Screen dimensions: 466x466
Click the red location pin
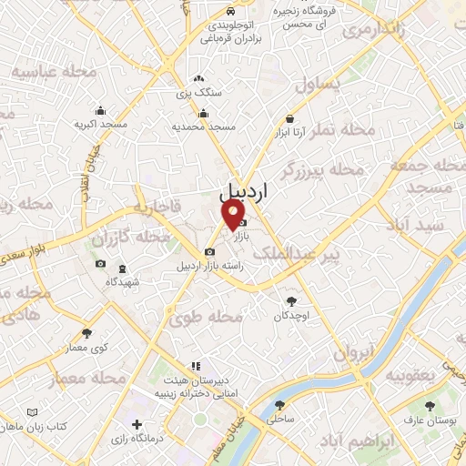pos(234,214)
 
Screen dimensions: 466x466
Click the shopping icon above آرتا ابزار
pos(289,117)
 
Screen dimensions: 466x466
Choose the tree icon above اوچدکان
pos(290,300)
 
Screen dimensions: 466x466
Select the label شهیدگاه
pos(122,281)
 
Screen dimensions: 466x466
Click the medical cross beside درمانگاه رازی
pos(137,425)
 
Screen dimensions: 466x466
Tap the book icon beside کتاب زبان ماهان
pos(34,412)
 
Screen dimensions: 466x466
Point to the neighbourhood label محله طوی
pos(206,318)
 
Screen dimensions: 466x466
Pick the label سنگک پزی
pos(197,93)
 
